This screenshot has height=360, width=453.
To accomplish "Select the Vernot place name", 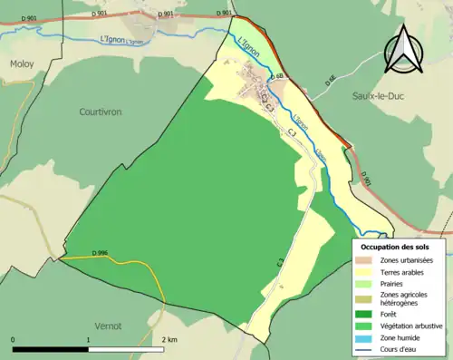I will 108,324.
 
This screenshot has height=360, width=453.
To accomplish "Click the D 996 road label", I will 100,252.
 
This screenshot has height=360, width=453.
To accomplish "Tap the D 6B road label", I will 280,75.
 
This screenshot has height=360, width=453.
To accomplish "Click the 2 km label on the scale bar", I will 169,339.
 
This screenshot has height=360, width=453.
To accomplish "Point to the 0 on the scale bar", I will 13,339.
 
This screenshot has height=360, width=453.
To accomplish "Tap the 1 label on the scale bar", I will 88,339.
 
